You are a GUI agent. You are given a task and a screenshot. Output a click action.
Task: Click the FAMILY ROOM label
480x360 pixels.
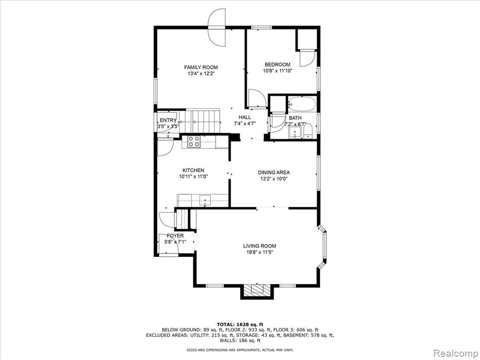pyautogui.click(x=201, y=67)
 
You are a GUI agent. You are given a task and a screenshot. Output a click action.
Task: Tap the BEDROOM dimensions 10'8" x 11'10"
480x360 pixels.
pyautogui.click(x=277, y=71)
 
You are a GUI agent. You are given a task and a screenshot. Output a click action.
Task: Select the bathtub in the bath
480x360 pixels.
pyautogui.click(x=302, y=104)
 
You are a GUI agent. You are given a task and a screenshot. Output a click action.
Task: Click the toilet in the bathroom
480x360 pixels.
pyautogui.click(x=307, y=131)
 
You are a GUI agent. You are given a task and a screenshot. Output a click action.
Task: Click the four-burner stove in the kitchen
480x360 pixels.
pyautogui.click(x=194, y=142)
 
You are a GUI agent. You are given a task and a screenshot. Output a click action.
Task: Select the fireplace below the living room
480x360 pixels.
pyautogui.click(x=257, y=291)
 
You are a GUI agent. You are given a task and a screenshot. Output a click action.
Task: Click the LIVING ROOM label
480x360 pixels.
pyautogui.click(x=260, y=246)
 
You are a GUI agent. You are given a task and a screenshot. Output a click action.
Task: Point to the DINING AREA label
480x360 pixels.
pyautogui.click(x=274, y=172)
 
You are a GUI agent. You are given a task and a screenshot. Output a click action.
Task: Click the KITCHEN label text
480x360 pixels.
pyautogui.click(x=193, y=170)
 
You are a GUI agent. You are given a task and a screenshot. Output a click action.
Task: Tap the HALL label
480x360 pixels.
pyautogui.click(x=245, y=117)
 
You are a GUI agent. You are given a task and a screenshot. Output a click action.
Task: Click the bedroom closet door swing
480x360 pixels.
pyautogui.click(x=307, y=58)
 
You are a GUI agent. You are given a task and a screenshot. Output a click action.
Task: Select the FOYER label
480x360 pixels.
pyautogui.click(x=175, y=236)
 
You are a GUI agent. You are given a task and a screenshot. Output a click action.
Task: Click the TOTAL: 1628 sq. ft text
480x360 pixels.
pyautogui.click(x=240, y=324)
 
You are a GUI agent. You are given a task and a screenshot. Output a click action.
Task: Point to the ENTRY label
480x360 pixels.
pyautogui.click(x=168, y=120)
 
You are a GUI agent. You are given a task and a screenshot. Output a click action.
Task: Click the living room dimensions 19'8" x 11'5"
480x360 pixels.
pyautogui.click(x=260, y=252)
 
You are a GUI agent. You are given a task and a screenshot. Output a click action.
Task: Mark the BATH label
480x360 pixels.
pyautogui.click(x=295, y=118)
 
